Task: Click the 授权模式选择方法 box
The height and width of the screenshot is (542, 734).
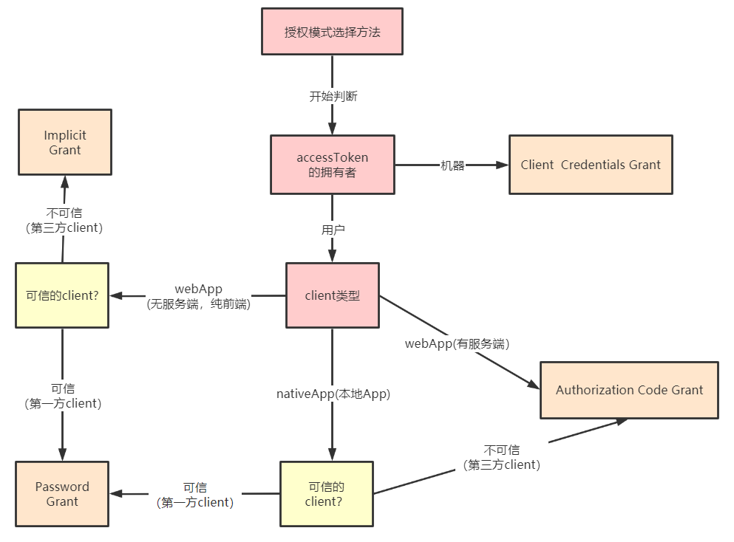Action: [x=332, y=32]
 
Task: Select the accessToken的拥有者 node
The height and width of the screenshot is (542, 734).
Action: [x=332, y=165]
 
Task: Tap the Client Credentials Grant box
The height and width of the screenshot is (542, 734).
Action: [x=591, y=165]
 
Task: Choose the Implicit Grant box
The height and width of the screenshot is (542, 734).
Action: [x=64, y=143]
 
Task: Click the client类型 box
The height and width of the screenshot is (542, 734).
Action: [x=333, y=295]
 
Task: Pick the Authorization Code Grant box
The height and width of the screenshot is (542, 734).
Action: [x=629, y=390]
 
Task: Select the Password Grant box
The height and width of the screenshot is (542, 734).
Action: [x=62, y=494]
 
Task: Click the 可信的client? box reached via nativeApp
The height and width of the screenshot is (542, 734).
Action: [x=327, y=494]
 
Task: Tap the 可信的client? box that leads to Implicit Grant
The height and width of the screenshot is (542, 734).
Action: [x=62, y=295]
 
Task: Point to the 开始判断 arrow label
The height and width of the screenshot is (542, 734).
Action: [x=333, y=96]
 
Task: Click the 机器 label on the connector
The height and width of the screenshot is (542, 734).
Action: [x=452, y=165]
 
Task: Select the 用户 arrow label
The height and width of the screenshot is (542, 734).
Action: [x=333, y=230]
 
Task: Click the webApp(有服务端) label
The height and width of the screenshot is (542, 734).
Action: [x=458, y=343]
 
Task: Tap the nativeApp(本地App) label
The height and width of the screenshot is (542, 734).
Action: [x=333, y=394]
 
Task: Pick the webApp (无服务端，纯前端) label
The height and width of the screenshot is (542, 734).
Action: [x=198, y=295]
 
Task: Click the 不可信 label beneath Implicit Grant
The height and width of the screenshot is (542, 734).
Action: [x=64, y=220]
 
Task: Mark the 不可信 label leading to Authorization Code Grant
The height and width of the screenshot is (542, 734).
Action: [x=502, y=457]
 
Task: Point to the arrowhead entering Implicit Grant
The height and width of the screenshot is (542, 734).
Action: [x=65, y=182]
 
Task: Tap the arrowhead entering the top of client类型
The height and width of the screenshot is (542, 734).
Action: [x=332, y=256]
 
